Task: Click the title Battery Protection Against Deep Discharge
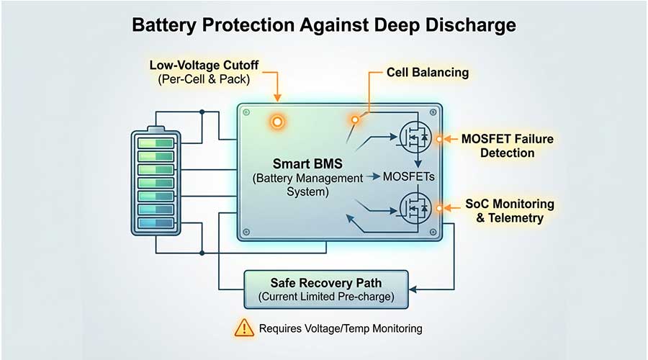(x=324, y=25)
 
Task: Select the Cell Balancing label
(x=427, y=73)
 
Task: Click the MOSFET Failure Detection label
(x=508, y=145)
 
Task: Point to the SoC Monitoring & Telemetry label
(x=508, y=211)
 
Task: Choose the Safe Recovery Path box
(x=326, y=288)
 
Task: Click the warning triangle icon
(x=244, y=328)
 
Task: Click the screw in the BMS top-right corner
(x=432, y=112)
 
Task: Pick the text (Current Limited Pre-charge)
(x=326, y=295)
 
